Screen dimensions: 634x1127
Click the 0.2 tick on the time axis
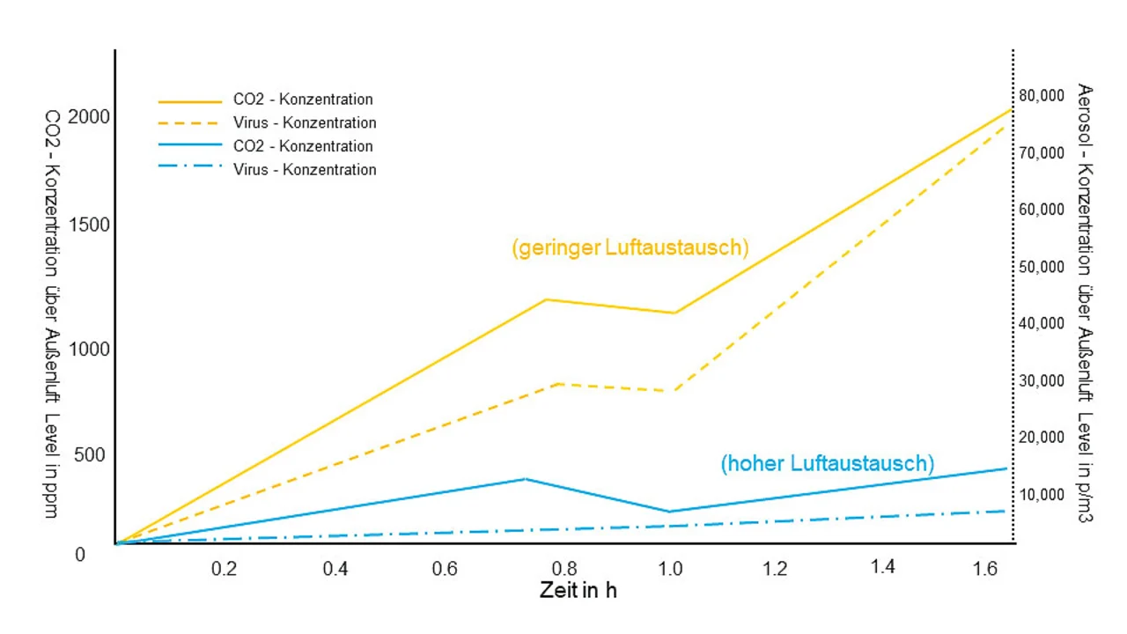coord(224,569)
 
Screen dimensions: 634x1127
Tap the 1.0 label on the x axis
coord(670,569)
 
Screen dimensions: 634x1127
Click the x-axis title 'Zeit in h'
coord(578,590)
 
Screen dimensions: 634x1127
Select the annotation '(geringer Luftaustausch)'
coord(630,247)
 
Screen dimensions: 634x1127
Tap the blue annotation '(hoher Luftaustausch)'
coord(827,463)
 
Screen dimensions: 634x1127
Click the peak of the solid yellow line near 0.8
coord(546,299)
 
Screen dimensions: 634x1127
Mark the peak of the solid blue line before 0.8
coord(525,479)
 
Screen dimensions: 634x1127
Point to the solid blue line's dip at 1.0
coord(671,512)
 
